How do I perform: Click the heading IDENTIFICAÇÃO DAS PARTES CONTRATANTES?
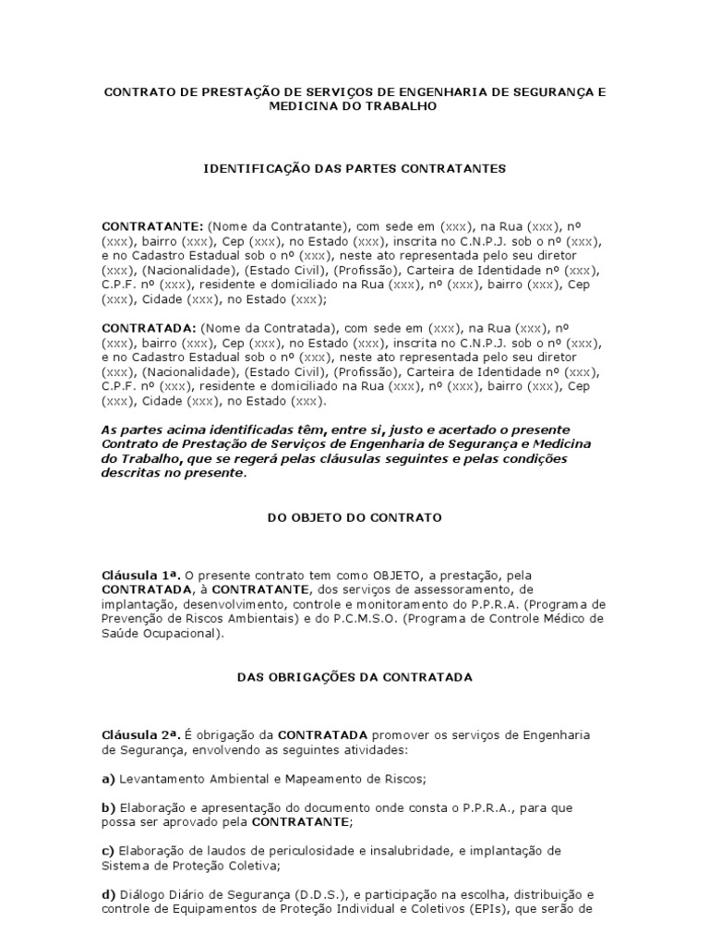coord(354,169)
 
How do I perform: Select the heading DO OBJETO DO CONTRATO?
coord(354,518)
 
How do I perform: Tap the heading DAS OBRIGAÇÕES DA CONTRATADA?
coord(354,677)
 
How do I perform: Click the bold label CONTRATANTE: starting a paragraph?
coord(152,225)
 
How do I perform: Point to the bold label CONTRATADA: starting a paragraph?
coord(148,327)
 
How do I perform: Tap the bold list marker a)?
coord(107,779)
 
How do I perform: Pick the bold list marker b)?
coord(107,807)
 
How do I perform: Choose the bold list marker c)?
coord(107,850)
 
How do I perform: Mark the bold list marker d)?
coord(107,894)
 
